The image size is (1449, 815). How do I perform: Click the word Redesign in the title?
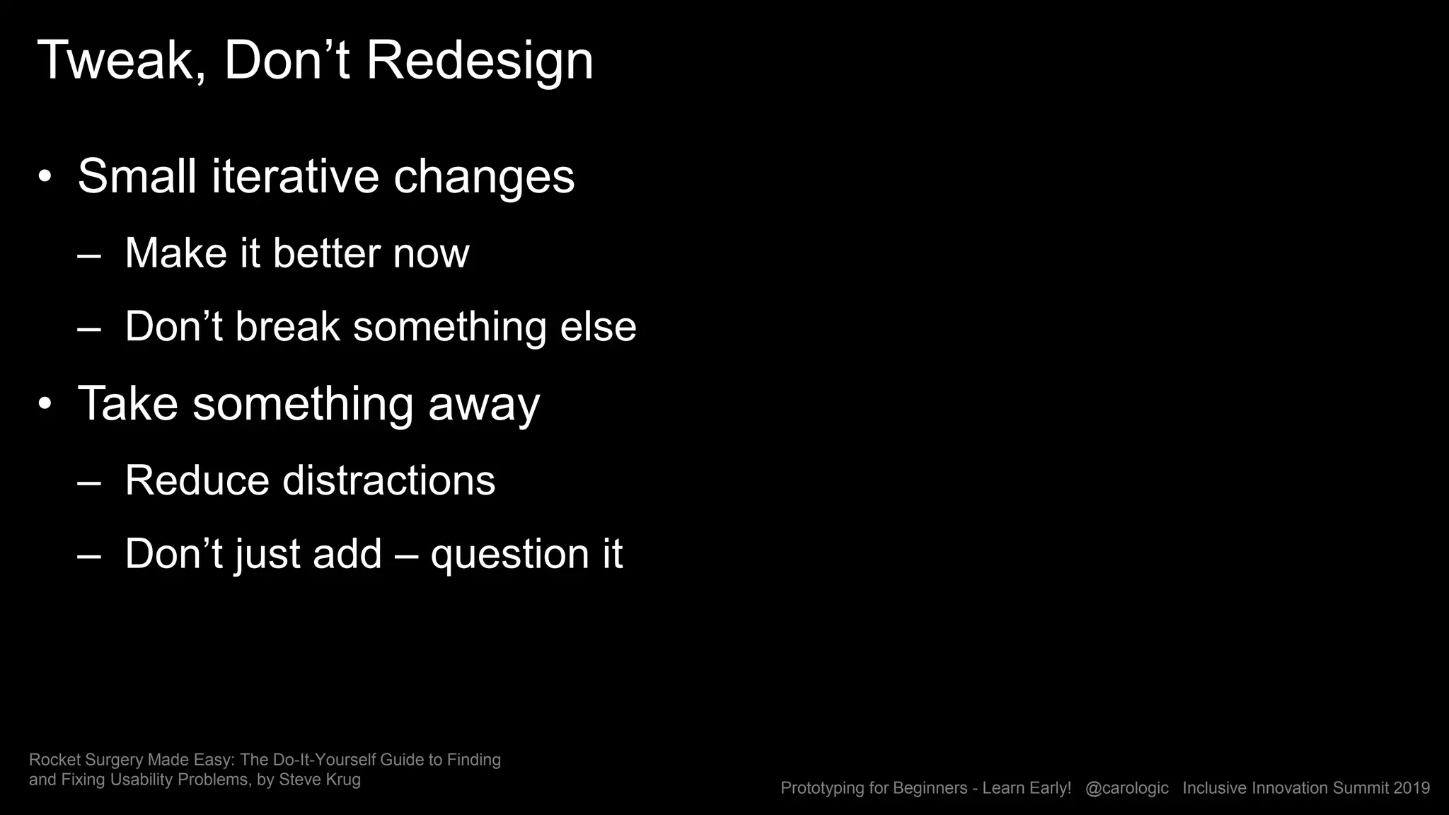point(479,61)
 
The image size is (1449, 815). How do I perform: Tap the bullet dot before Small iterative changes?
point(45,178)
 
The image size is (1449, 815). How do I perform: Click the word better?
point(326,253)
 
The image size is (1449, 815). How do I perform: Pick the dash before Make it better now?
point(89,255)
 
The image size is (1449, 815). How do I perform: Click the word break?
point(287,327)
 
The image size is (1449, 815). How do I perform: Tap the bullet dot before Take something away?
point(45,405)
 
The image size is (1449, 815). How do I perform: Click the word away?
point(484,404)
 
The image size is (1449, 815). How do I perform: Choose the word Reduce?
point(197,480)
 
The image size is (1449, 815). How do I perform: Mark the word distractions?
point(389,480)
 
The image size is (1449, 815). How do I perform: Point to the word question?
point(510,554)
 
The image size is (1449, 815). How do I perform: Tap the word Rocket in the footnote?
point(54,760)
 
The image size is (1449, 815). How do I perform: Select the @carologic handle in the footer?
point(1126,788)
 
